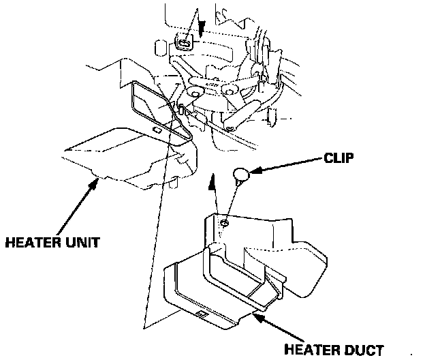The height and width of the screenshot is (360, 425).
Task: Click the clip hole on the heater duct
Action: tap(224, 222)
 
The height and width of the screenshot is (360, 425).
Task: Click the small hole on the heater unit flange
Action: tap(157, 129)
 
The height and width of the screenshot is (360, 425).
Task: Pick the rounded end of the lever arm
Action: tap(232, 126)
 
